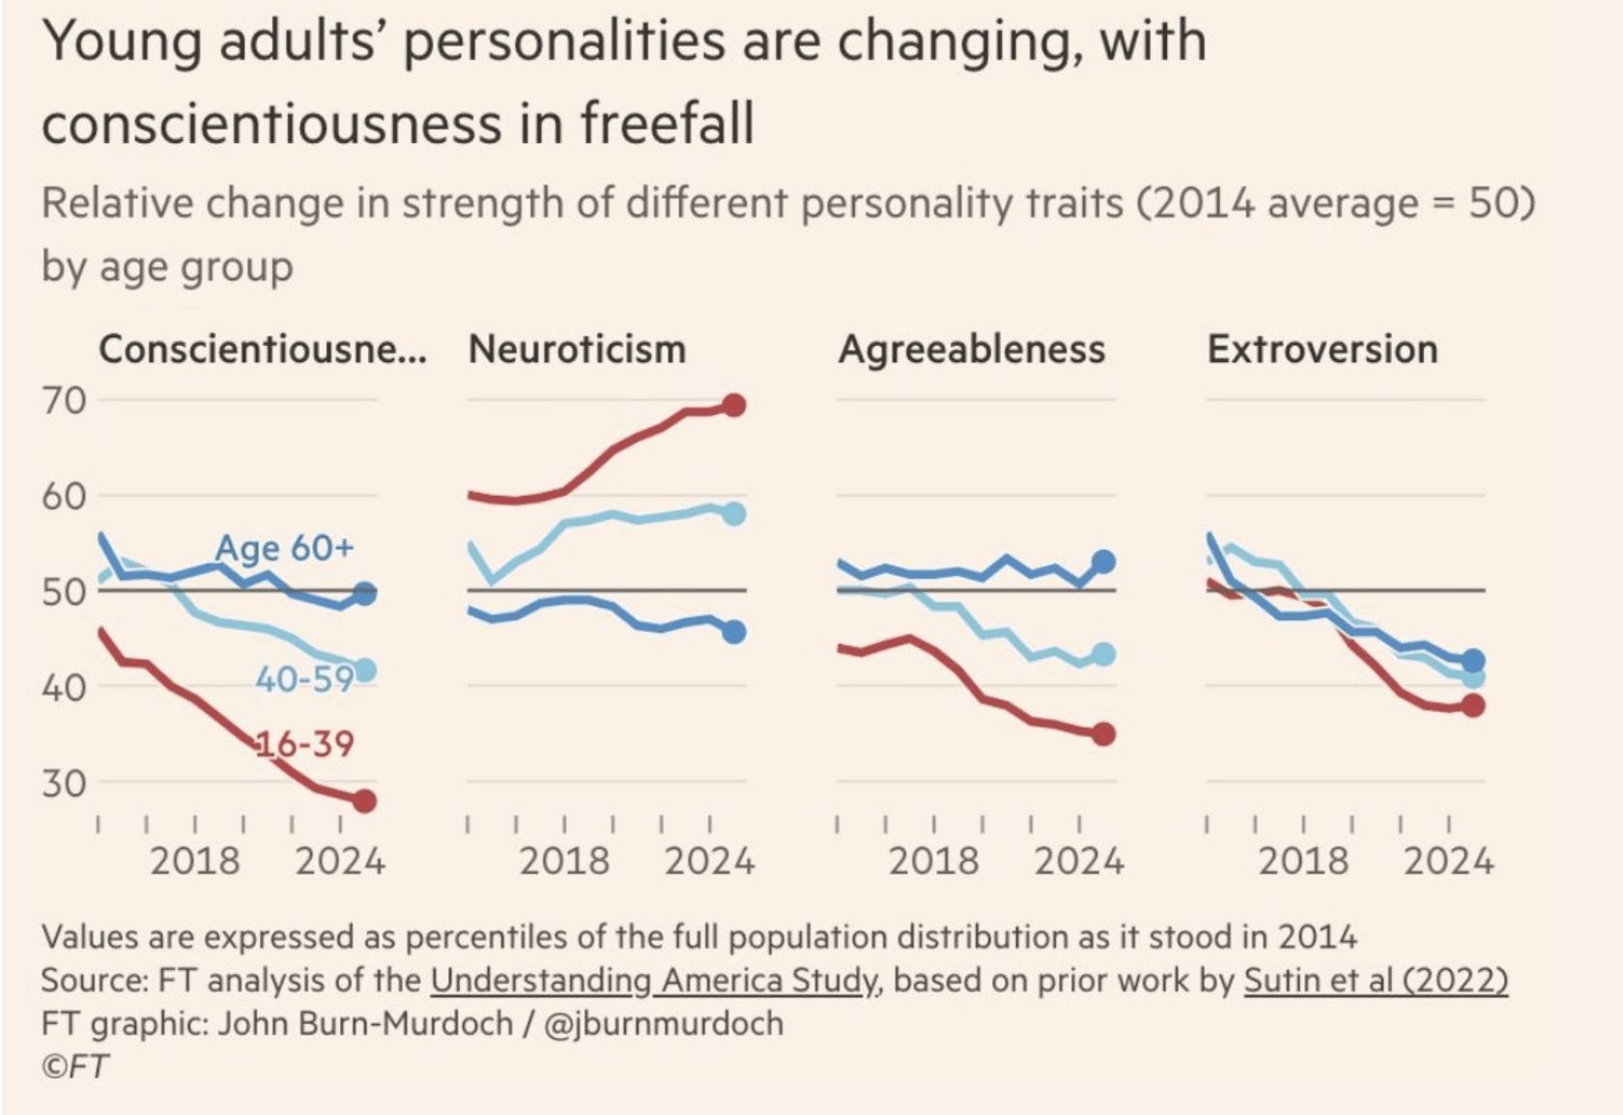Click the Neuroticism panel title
[577, 350]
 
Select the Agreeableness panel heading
[971, 350]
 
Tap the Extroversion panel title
[1322, 350]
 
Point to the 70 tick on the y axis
[64, 400]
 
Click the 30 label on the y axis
[64, 784]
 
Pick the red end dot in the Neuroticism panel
[733, 405]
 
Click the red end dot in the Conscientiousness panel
[364, 801]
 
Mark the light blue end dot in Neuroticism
[733, 513]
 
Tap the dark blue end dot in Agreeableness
[1103, 561]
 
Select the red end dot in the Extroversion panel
[1472, 705]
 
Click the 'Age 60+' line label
[284, 548]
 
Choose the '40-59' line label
[304, 680]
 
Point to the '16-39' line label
[304, 744]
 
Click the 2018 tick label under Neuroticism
[564, 861]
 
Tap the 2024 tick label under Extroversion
[1448, 861]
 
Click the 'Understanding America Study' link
[654, 981]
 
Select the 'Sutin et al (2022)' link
[1375, 981]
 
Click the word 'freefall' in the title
[667, 125]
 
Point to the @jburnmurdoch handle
[664, 1023]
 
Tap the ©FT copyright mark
[75, 1067]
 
